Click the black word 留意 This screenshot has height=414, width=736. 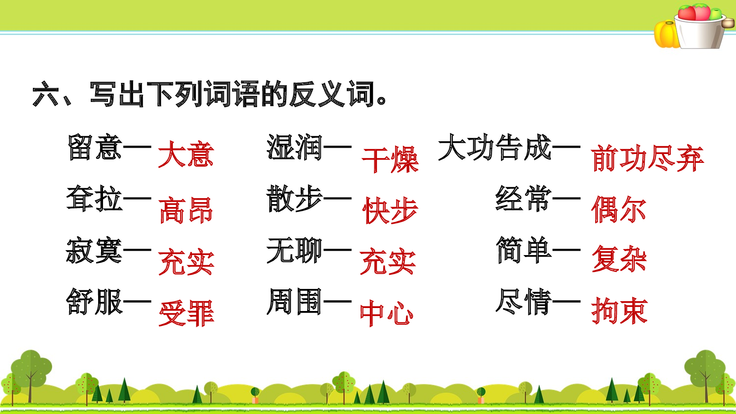[95, 147]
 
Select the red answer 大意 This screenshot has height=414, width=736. [186, 155]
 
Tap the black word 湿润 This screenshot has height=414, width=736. [294, 147]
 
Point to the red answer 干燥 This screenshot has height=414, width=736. [390, 159]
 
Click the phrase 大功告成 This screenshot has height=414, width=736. [495, 147]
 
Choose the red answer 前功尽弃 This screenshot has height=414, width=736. [647, 159]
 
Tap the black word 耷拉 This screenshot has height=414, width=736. [95, 199]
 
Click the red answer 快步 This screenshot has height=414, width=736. [390, 211]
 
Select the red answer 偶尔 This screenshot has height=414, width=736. [619, 209]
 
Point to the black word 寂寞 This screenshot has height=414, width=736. [94, 250]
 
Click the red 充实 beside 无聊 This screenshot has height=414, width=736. [388, 262]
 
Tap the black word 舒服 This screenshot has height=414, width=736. [94, 301]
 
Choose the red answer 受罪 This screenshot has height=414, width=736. [186, 313]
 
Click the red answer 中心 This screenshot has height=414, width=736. [387, 313]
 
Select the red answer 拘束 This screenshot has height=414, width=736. [619, 310]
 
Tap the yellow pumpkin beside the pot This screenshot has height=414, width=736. [666, 34]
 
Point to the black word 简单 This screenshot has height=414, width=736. [524, 250]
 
